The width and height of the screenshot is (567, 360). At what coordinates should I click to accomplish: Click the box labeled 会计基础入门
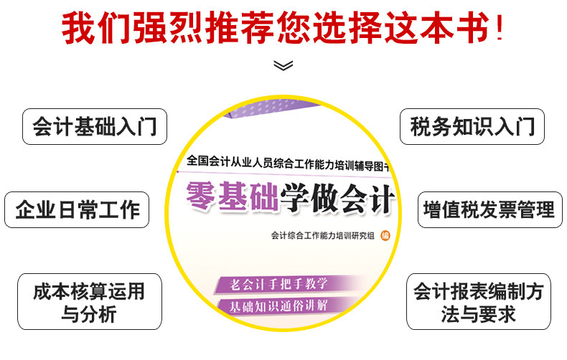[x=95, y=126]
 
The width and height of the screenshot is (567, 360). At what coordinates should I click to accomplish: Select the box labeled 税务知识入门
[x=472, y=126]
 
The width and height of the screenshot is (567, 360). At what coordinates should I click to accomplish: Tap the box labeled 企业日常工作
[x=78, y=210]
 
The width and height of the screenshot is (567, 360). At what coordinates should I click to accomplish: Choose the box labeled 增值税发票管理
[x=489, y=210]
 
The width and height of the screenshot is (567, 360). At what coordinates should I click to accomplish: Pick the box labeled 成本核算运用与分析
[x=89, y=301]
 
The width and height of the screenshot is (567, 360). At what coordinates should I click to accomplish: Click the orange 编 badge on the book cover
[x=385, y=235]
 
